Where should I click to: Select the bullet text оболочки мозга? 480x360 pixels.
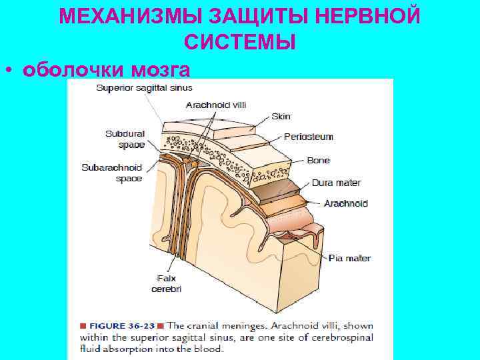point(106,69)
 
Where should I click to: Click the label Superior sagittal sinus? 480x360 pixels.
point(144,87)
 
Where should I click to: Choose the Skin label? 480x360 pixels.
point(281,116)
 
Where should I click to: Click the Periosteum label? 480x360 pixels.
point(309,137)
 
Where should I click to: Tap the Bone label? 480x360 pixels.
point(318,161)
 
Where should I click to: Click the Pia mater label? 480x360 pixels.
point(349,258)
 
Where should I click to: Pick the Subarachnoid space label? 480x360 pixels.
point(112,173)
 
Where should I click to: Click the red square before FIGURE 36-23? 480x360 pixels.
point(83,326)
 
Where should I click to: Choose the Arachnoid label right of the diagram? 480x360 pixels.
point(345,203)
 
